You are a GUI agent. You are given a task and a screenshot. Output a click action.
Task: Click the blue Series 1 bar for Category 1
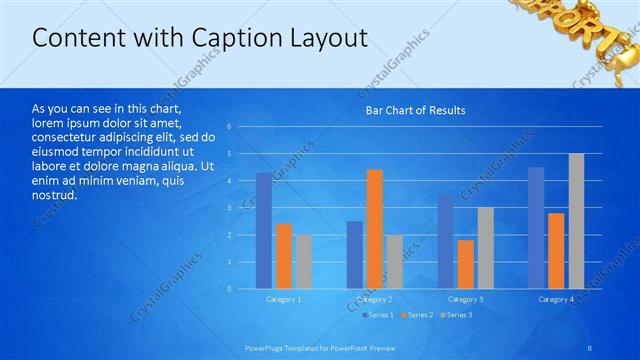coord(264,231)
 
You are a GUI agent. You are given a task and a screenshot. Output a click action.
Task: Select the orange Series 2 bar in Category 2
coord(374,229)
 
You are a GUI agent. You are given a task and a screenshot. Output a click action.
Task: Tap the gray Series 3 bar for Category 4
coord(576,221)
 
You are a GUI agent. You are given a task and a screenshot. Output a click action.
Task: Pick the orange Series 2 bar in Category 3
coord(465,264)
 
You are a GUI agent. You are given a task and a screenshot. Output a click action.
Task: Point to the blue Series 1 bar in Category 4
coord(536,228)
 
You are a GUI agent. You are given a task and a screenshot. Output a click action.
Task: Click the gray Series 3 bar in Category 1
coord(304,262)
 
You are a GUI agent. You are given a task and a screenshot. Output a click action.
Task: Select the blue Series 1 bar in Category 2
coord(355,255)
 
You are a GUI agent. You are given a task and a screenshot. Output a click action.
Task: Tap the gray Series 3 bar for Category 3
coord(485,248)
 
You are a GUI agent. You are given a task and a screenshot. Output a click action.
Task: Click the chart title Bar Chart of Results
coord(414,110)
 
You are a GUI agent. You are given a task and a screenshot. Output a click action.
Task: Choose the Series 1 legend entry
coord(377,315)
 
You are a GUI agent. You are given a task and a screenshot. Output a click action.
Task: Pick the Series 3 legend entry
coord(457,315)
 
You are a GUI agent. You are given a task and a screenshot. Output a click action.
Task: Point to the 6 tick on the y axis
coord(230,127)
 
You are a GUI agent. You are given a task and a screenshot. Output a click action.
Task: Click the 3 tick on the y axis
coord(230,208)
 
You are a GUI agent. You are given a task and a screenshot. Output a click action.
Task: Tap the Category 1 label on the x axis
coord(284,300)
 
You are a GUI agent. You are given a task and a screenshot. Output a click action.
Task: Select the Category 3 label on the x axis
coord(465,300)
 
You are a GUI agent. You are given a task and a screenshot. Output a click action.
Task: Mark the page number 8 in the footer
coord(591,347)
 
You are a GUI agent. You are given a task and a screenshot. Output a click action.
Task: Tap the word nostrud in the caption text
coord(54,194)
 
